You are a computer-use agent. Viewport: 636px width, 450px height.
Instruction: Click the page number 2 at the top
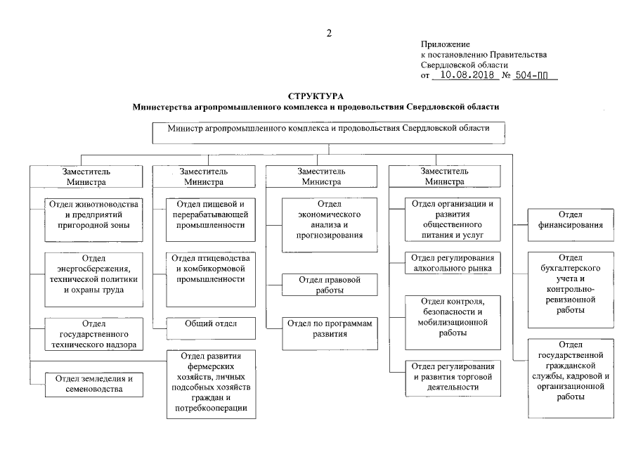(x=328, y=32)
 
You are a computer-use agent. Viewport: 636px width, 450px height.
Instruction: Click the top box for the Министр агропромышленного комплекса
(x=328, y=131)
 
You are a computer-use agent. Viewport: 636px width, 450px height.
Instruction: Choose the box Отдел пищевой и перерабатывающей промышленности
(x=209, y=214)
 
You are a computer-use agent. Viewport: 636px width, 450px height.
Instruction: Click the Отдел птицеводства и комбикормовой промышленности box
(x=209, y=269)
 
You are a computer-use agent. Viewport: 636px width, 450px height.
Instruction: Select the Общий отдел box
(x=209, y=323)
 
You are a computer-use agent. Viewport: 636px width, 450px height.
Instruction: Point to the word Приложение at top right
(x=445, y=44)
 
